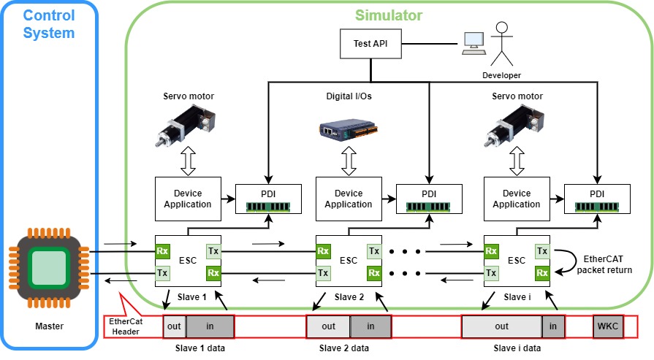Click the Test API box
(x=370, y=43)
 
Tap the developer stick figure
(x=502, y=43)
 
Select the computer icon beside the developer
(x=474, y=43)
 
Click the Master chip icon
(x=49, y=268)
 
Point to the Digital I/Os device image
(x=349, y=129)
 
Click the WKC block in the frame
(x=608, y=326)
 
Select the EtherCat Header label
(x=126, y=326)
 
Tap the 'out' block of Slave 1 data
(x=174, y=326)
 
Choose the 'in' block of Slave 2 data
(x=370, y=326)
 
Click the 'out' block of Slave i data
(x=501, y=326)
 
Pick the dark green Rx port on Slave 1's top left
(x=162, y=251)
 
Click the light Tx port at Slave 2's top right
(x=373, y=251)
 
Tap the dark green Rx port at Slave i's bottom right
(x=542, y=273)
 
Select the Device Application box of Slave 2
(x=349, y=199)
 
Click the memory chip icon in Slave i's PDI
(x=597, y=207)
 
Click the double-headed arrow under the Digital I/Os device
(x=349, y=161)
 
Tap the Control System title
(x=49, y=24)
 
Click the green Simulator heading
(x=389, y=15)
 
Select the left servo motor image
(x=186, y=125)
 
